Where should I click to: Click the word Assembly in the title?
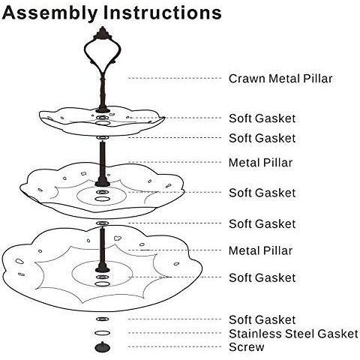tap(49, 13)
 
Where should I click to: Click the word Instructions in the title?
tap(162, 13)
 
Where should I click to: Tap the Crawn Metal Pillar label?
tap(280, 79)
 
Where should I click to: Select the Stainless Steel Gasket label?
tap(293, 334)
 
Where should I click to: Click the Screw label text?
tap(247, 347)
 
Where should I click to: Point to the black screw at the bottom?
tap(103, 347)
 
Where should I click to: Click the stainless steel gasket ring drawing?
tap(103, 333)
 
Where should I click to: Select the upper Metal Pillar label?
tap(260, 163)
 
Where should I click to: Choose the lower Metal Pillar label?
tap(260, 250)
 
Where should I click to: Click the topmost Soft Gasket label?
tap(262, 118)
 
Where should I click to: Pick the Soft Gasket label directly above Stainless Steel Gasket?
tap(262, 319)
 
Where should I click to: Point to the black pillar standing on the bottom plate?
tap(103, 250)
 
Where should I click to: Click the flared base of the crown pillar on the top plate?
tap(103, 109)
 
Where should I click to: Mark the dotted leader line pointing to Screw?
tap(175, 347)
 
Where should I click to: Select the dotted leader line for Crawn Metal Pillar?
tap(175, 78)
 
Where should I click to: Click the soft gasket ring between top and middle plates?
tap(103, 138)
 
